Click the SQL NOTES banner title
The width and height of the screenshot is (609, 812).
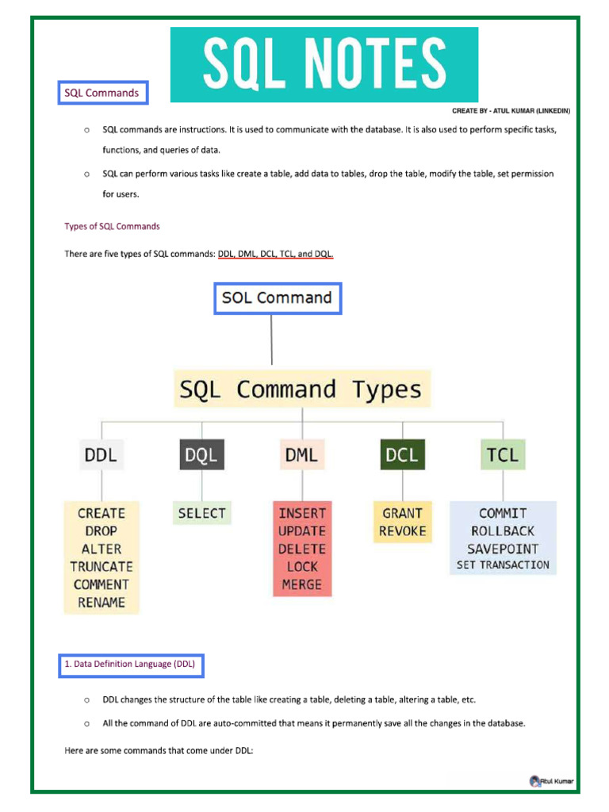pos(324,64)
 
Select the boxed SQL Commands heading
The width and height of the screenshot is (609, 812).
pos(102,93)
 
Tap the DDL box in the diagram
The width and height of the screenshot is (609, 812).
pos(101,455)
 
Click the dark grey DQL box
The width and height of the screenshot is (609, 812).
pos(201,455)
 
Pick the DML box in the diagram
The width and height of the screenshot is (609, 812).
pos(302,455)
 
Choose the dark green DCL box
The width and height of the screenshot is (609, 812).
pos(402,455)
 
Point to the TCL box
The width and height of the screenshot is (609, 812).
pos(503,455)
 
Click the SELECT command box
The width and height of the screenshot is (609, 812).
pos(202,513)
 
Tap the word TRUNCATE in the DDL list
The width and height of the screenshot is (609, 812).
pos(101,567)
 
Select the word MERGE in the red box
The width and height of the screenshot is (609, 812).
pos(302,585)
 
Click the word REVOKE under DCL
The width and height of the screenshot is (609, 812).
pos(402,531)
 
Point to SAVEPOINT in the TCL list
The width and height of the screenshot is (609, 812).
pos(503,549)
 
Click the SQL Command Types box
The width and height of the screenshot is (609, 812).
pos(301,389)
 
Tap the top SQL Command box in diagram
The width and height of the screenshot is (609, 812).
pos(277,298)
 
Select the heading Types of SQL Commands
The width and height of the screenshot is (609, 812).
pos(112,226)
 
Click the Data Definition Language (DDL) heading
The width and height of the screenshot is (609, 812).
pos(131,664)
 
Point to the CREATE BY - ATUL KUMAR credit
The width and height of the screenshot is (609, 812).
pos(511,111)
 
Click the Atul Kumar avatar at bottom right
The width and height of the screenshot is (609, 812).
pos(535,781)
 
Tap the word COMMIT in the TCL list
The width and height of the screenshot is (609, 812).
pos(503,513)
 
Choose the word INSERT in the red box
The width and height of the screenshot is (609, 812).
pos(302,513)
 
